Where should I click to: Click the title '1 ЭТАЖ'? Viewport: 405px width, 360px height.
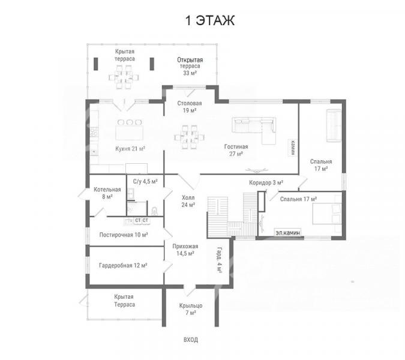210,20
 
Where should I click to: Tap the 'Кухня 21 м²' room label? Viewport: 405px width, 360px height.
130,149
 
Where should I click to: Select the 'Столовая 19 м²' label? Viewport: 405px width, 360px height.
190,107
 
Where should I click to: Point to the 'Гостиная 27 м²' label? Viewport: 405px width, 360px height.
236,150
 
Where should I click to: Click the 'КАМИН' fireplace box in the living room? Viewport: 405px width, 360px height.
293,148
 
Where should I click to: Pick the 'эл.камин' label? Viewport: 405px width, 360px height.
288,233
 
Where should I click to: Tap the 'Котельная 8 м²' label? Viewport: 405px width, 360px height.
107,193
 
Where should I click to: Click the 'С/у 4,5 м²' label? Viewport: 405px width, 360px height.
145,182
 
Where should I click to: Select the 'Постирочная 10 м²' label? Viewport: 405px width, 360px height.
124,235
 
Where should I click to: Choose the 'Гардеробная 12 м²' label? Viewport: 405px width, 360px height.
123,265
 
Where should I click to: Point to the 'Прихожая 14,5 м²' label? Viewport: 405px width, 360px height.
185,250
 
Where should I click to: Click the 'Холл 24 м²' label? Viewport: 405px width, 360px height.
188,201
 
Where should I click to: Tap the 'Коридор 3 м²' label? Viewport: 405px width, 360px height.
266,183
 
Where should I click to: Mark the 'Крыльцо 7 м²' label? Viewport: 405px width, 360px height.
191,309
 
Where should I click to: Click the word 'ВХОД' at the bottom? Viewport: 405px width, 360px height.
191,340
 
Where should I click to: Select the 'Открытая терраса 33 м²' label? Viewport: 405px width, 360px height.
190,67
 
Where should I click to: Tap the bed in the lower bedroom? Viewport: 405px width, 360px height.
327,214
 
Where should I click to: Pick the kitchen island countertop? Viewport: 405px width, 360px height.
129,133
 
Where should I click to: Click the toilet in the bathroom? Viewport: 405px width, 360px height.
154,211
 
